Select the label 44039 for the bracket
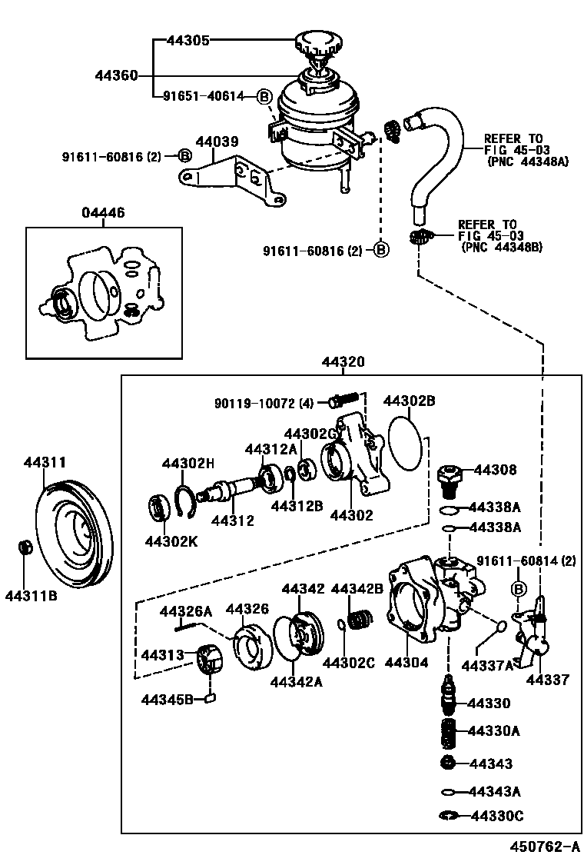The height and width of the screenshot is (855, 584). [217, 142]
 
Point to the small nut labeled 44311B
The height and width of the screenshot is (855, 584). [25, 548]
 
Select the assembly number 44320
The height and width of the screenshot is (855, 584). [343, 362]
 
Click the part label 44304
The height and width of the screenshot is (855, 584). [404, 662]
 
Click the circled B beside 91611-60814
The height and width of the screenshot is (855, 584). [518, 589]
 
